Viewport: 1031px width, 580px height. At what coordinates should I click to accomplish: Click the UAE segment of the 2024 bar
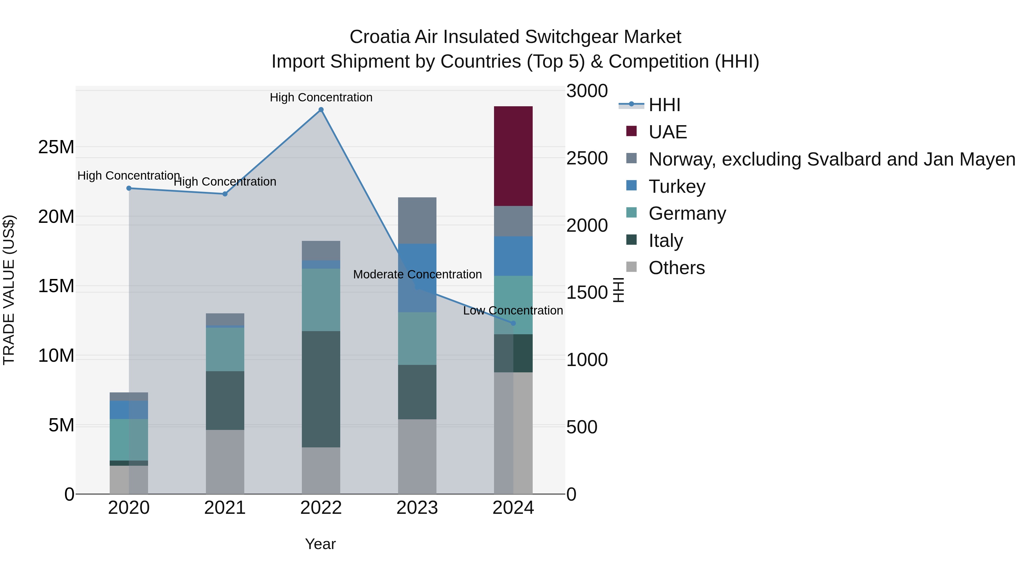click(513, 156)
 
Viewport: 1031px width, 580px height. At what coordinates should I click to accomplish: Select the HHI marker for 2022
click(321, 110)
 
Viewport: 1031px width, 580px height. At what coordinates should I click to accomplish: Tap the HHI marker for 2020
click(129, 188)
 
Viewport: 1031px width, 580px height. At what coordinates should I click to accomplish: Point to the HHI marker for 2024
click(513, 323)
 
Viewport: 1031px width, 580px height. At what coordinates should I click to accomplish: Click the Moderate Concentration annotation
click(418, 275)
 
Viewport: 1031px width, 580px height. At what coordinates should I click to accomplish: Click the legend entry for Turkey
click(676, 186)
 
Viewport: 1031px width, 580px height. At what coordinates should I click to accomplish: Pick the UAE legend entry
click(667, 132)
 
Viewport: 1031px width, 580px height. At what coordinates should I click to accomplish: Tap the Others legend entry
click(676, 268)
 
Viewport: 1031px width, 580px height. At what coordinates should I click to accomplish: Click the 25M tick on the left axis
click(56, 147)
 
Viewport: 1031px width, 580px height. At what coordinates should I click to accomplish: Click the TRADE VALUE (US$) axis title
click(9, 290)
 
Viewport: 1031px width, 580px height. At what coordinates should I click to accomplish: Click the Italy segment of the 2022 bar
click(321, 389)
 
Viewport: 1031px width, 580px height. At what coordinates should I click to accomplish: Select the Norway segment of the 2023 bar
click(417, 220)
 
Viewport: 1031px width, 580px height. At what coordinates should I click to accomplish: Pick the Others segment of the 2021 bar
click(225, 462)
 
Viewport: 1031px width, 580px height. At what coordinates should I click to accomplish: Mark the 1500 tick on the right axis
click(587, 293)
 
